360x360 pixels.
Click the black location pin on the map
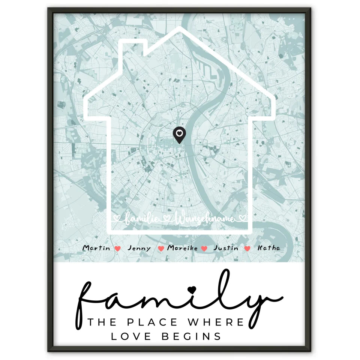tap(179, 135)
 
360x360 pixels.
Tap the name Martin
tap(96, 248)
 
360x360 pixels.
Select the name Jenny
tap(139, 248)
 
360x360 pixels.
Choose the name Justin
tap(225, 248)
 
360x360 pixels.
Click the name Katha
tap(268, 248)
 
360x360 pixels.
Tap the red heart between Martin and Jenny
tap(118, 248)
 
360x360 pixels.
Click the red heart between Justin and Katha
tap(247, 248)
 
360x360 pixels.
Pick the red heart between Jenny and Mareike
tap(161, 248)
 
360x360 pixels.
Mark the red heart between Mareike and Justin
tap(204, 248)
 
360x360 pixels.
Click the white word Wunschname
tap(205, 219)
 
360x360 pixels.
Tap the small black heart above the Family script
tap(192, 289)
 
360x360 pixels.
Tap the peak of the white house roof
tap(180, 28)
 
